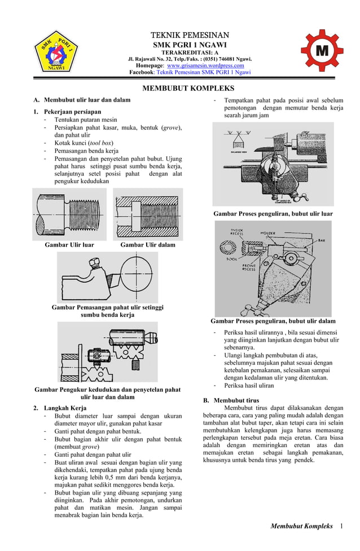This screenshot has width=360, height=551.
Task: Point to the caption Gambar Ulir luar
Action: (69, 244)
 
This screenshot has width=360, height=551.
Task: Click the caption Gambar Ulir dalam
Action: (147, 244)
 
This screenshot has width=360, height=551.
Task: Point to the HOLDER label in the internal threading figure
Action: (268, 233)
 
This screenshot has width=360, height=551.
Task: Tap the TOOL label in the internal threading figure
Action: (231, 260)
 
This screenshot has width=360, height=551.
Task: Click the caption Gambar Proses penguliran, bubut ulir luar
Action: (273, 214)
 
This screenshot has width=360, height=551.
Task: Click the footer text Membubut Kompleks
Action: (301, 526)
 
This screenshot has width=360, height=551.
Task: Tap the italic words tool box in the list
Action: (99, 143)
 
